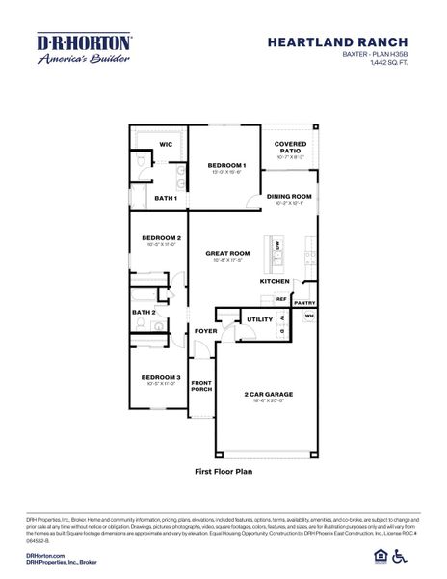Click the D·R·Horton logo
[85, 49]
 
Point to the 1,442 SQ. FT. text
[388, 64]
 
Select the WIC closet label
[165, 144]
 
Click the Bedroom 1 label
[227, 165]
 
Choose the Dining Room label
[289, 196]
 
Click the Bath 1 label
[166, 198]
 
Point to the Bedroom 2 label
[162, 237]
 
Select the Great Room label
[227, 253]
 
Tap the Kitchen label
[275, 281]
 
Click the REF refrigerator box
[282, 300]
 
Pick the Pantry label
[304, 303]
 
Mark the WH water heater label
[310, 317]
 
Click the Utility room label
[259, 319]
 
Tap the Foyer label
[205, 331]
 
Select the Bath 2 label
[145, 312]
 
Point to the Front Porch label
[201, 386]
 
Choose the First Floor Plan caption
[223, 473]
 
